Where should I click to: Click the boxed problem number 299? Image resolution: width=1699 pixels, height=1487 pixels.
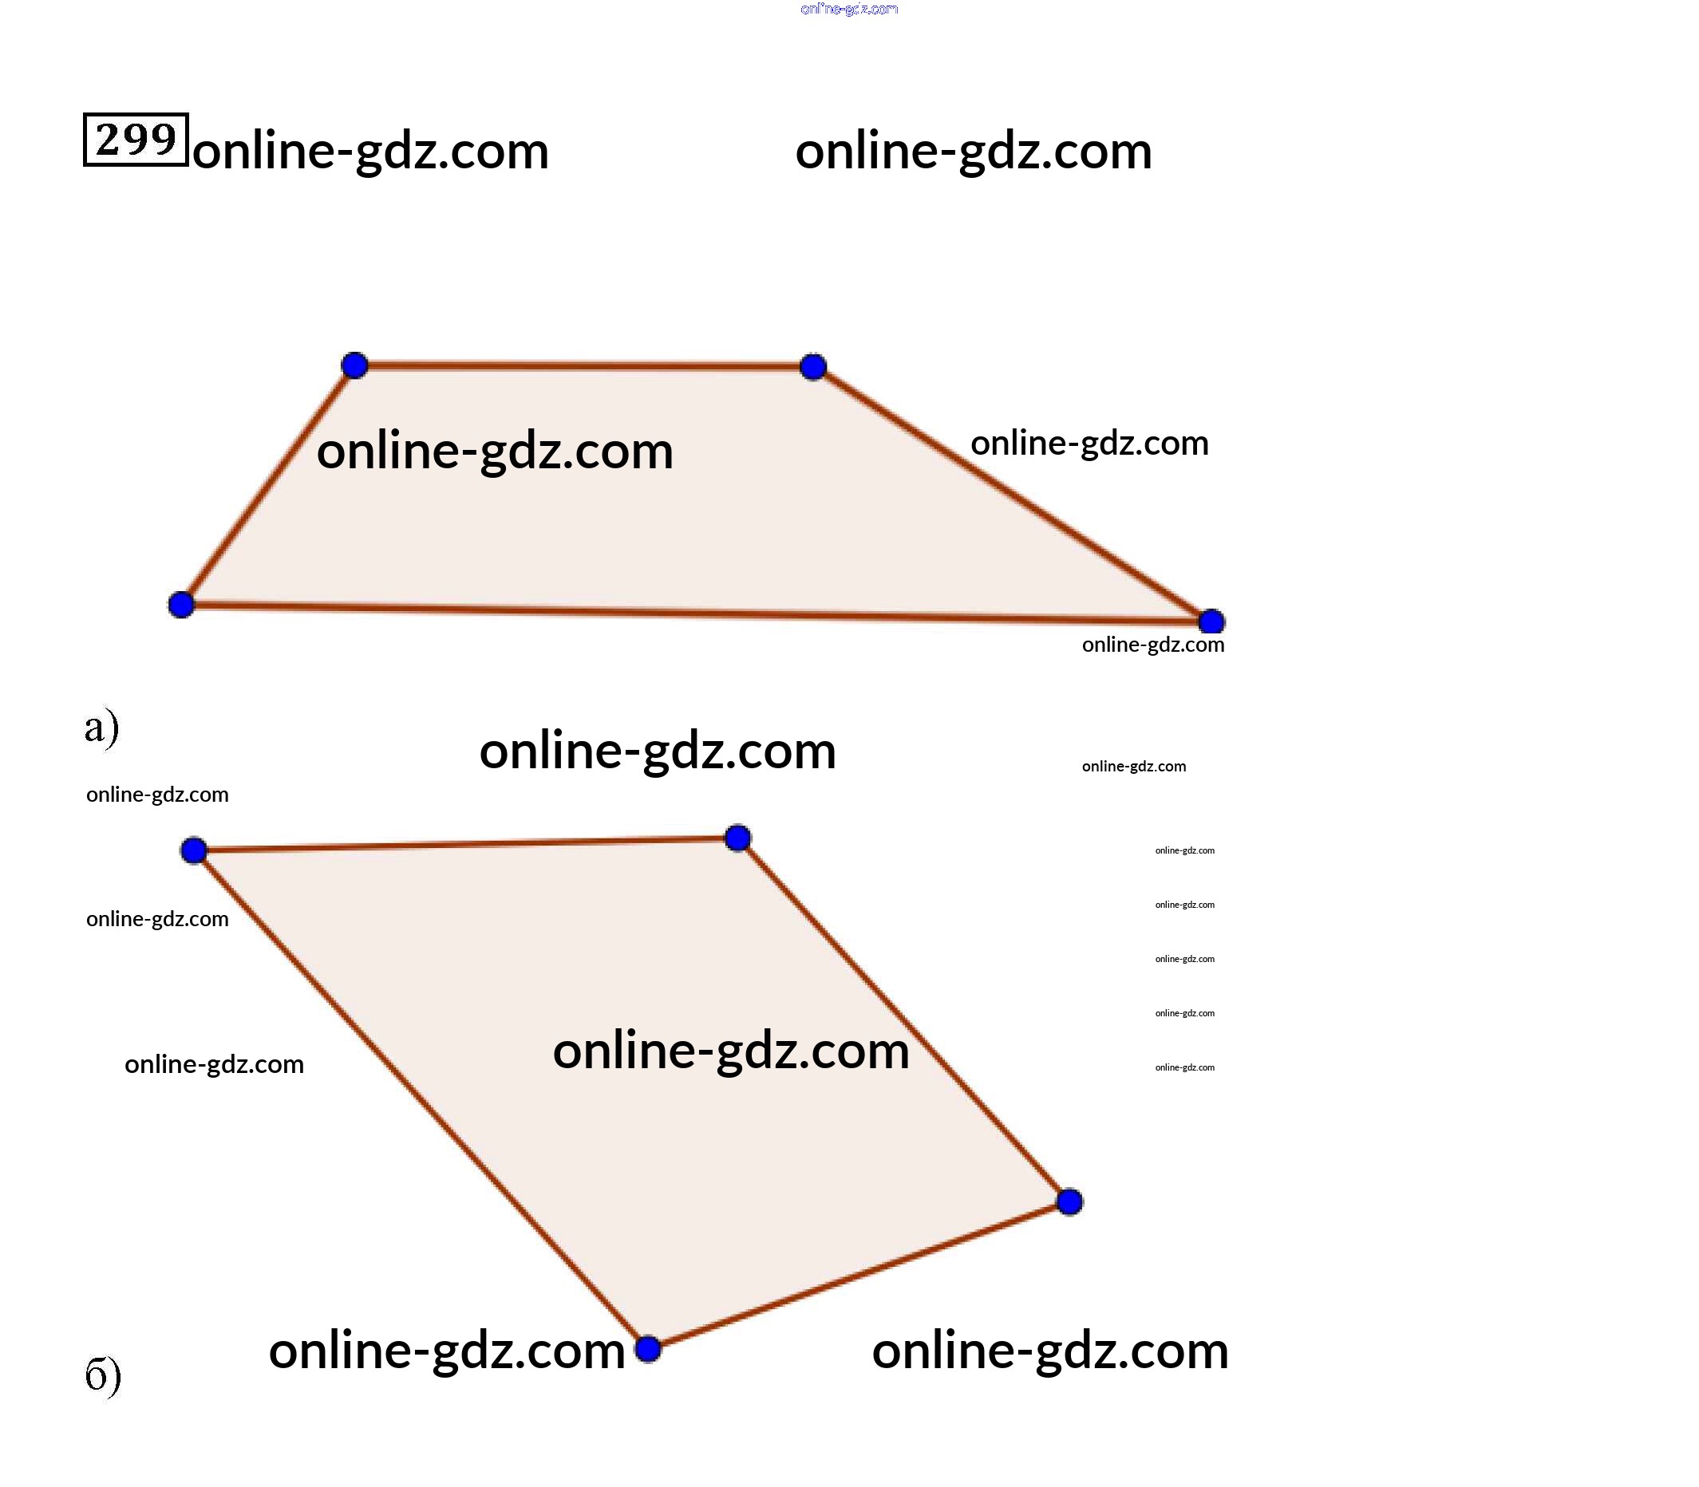[x=136, y=140]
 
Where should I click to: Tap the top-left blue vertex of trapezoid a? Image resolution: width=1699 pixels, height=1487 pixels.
[x=354, y=365]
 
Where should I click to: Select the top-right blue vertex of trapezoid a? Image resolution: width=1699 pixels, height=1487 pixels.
[x=813, y=367]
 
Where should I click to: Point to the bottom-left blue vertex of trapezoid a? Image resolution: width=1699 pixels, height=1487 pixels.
[x=181, y=605]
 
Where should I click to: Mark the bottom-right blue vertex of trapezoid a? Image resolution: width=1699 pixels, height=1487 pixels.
[x=1211, y=621]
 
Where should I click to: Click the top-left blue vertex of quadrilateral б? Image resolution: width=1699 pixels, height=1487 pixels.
[x=193, y=850]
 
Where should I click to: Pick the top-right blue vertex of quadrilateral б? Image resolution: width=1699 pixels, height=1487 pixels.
[x=738, y=838]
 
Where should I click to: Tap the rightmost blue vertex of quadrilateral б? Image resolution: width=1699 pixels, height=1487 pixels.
[x=1070, y=1201]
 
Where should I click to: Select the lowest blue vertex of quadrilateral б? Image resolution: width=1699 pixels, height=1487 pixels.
[x=647, y=1349]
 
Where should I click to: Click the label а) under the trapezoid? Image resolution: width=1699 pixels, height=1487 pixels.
[x=101, y=728]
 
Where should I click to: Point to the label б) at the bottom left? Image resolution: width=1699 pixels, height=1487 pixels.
[x=103, y=1375]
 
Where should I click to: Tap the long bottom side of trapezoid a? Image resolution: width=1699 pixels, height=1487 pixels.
[x=697, y=613]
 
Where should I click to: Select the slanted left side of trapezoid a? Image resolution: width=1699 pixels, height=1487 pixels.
[x=267, y=486]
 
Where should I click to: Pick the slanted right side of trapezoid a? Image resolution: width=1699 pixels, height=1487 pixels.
[x=1013, y=494]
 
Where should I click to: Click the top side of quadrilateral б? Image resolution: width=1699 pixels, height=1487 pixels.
[x=465, y=845]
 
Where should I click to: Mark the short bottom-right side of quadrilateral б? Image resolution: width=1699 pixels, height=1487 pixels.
[x=859, y=1276]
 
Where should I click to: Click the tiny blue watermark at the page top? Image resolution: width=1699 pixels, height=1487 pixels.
[x=849, y=9]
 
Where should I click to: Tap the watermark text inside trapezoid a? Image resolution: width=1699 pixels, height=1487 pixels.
[x=495, y=452]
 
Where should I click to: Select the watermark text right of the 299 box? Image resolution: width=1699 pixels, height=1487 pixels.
[x=370, y=152]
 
